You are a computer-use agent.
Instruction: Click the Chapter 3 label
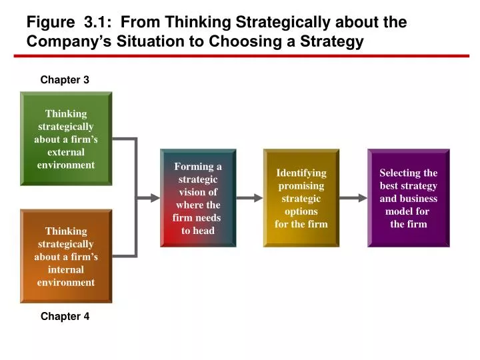pos(65,80)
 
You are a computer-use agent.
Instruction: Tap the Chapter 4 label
pos(65,317)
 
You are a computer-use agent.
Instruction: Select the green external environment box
pos(66,139)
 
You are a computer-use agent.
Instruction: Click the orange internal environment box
pos(66,256)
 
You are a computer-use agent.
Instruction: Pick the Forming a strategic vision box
pos(198,198)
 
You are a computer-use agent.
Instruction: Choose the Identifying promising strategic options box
pos(301,198)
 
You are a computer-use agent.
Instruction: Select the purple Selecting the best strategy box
pos(408,198)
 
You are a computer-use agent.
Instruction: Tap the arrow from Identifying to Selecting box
pos(353,198)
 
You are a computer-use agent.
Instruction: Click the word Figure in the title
pos(49,22)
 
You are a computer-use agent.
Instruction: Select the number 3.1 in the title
pos(98,22)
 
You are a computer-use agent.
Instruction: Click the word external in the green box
pos(66,152)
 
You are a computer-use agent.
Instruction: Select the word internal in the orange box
pos(66,269)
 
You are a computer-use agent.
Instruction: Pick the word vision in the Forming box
pos(198,192)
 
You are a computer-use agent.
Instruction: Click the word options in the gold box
pos(301,211)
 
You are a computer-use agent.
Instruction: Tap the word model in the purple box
pos(399,211)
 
